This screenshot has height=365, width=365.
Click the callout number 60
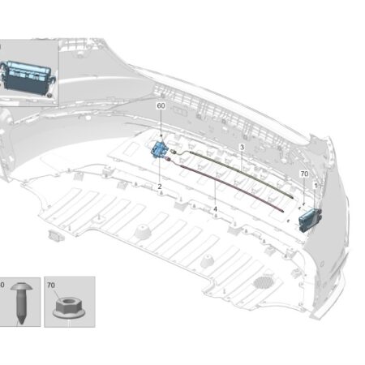click(161, 105)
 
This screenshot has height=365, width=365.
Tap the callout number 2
click(160, 187)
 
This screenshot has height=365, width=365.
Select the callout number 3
click(242, 147)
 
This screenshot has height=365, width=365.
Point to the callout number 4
click(215, 209)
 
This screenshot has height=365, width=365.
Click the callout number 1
click(316, 186)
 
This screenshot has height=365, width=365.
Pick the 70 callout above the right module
click(304, 174)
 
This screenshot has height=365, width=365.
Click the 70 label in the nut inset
click(51, 286)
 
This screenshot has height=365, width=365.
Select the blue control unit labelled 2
click(160, 149)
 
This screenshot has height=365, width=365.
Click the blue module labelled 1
click(310, 220)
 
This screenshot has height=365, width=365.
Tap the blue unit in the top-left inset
click(27, 78)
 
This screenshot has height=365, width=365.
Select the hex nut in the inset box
click(69, 307)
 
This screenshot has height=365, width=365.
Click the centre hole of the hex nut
click(69, 302)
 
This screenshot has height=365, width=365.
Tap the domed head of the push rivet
click(21, 286)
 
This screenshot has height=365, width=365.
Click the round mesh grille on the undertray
click(264, 281)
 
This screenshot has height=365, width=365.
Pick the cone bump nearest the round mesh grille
click(208, 260)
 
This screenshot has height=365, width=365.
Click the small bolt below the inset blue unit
click(49, 95)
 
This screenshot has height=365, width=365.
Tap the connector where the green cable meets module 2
click(174, 152)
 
